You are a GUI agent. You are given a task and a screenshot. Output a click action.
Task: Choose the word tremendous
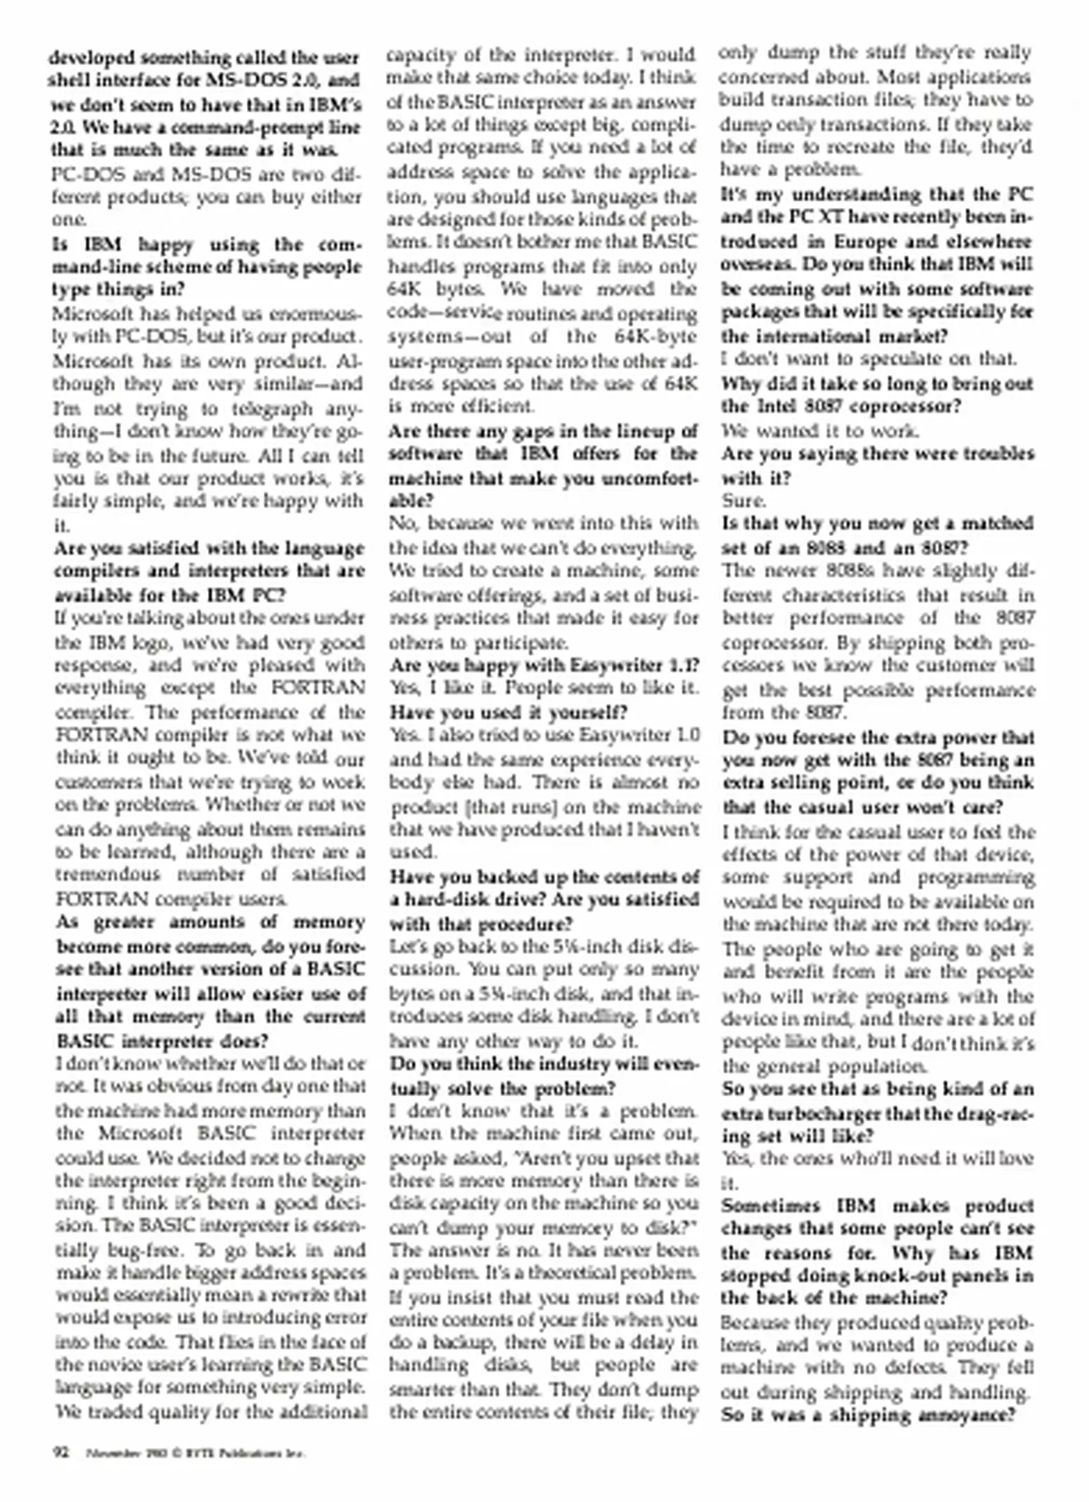pyautogui.click(x=106, y=875)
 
